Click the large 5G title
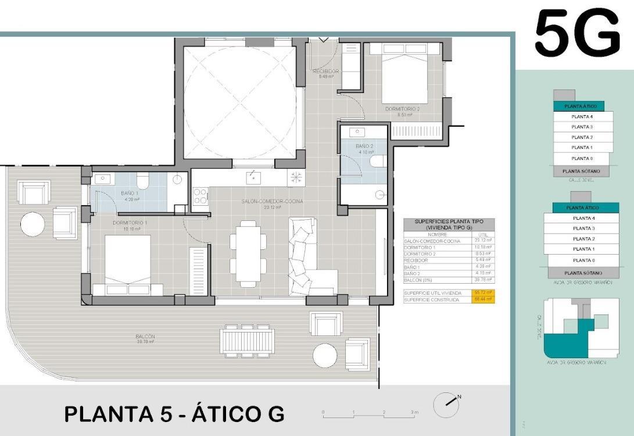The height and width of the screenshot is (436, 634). (576, 33)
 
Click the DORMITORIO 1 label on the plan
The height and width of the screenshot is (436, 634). (130, 223)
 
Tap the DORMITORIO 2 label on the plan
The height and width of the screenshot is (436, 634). (402, 109)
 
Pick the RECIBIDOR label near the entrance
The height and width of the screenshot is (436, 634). (325, 72)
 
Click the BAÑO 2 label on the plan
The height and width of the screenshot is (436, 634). (364, 146)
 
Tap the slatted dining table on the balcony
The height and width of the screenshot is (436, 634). (247, 340)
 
